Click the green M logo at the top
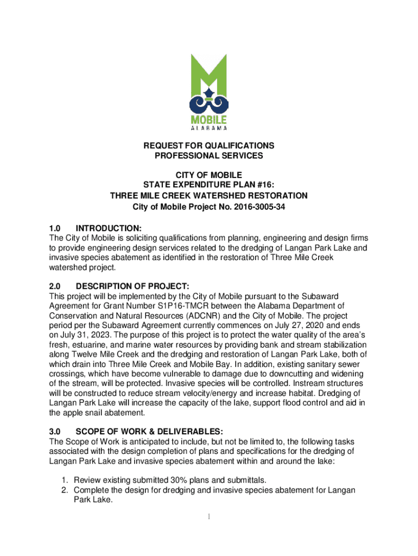coord(209,81)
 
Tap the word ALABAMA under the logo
coord(209,129)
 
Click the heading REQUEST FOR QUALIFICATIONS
coord(209,146)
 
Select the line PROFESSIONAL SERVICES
coord(209,156)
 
